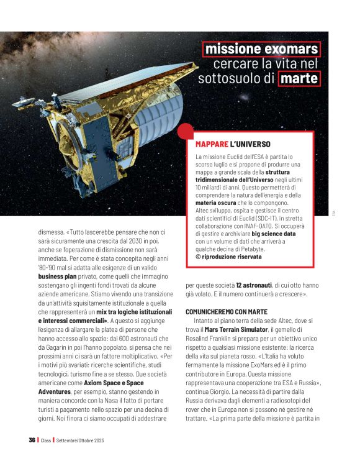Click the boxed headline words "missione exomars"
(x=262, y=49)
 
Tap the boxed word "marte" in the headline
(x=299, y=79)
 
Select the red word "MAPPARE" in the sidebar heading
(x=211, y=144)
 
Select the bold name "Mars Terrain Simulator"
(x=234, y=327)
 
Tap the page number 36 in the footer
(x=31, y=440)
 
